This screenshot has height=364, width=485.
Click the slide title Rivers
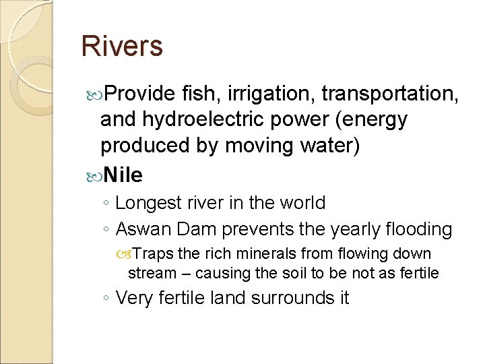[x=121, y=46]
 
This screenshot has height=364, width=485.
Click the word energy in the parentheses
[x=373, y=119]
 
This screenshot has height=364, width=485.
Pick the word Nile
[x=123, y=175]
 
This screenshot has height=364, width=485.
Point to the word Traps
[x=156, y=254]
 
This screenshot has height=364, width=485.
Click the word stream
[x=150, y=273]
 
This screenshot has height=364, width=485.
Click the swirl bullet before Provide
[x=93, y=93]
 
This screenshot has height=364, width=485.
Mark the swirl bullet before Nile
[x=93, y=176]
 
